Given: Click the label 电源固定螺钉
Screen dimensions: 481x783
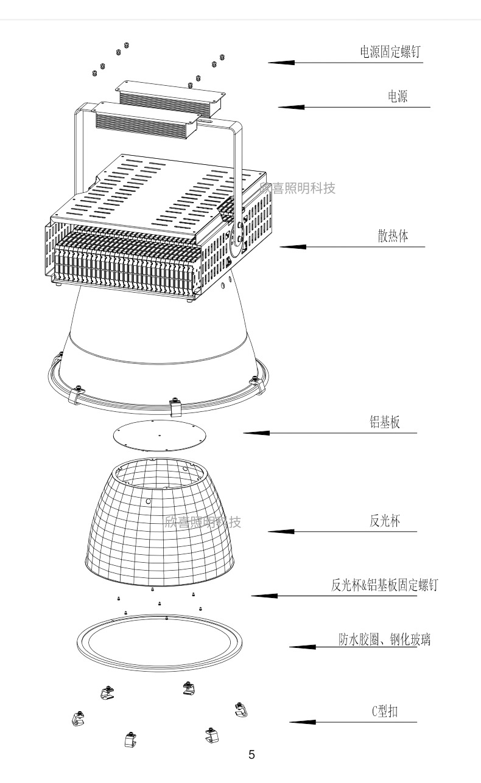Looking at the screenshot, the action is coord(390,52).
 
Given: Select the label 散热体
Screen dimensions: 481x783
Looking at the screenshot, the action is coord(393,236).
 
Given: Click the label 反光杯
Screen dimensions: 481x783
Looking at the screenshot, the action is coord(385,521).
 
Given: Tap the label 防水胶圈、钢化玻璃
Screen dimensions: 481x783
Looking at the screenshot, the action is coord(385,639).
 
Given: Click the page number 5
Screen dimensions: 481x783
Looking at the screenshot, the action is coord(251,755).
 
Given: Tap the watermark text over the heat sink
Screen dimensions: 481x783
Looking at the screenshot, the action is coord(298,188).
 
